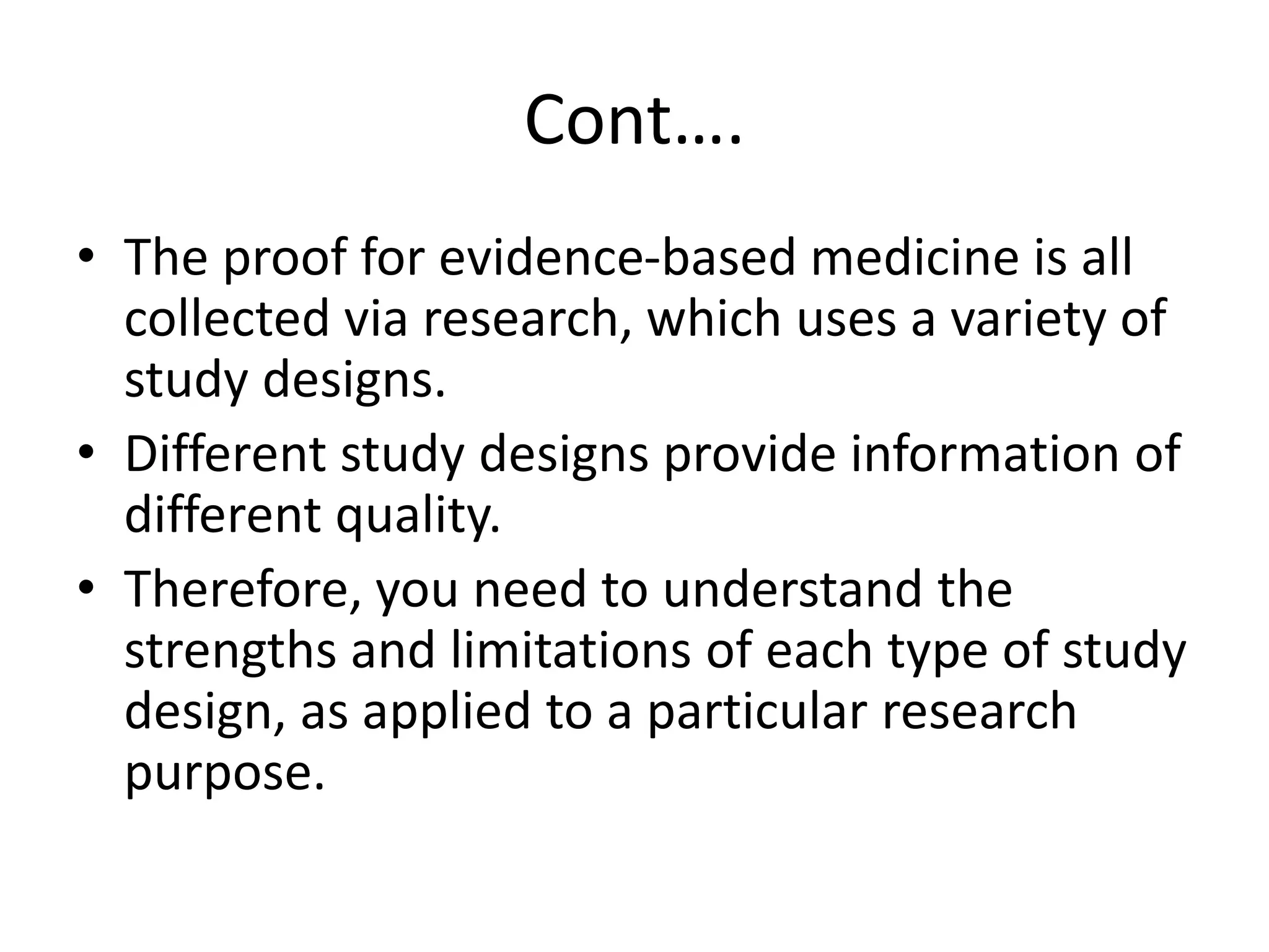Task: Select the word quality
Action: point(418,516)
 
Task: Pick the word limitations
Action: point(570,650)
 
